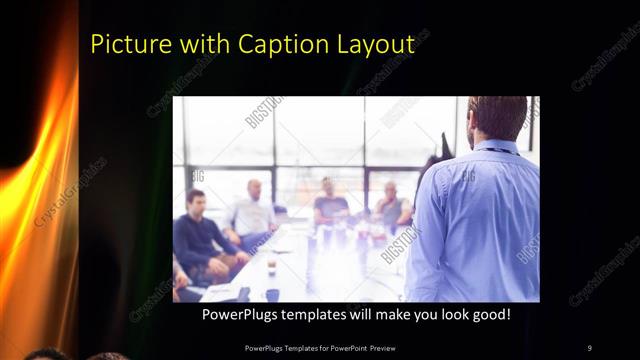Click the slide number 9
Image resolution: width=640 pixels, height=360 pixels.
pyautogui.click(x=589, y=348)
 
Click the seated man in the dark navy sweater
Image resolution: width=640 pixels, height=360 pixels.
pyautogui.click(x=199, y=235)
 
